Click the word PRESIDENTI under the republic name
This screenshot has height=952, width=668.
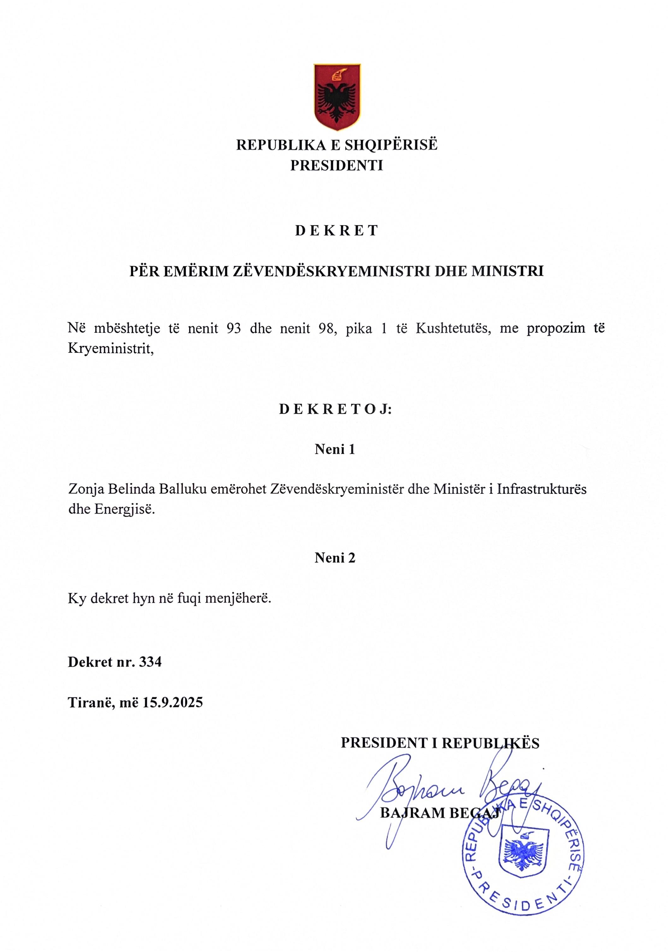click(336, 166)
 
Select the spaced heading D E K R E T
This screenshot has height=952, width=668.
click(336, 231)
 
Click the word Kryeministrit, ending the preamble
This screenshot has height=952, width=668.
click(111, 349)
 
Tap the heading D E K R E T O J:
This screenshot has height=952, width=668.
click(335, 409)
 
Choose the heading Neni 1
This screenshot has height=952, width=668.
click(335, 449)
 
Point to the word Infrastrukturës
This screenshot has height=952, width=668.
click(541, 489)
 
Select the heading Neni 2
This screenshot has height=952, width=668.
click(335, 558)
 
